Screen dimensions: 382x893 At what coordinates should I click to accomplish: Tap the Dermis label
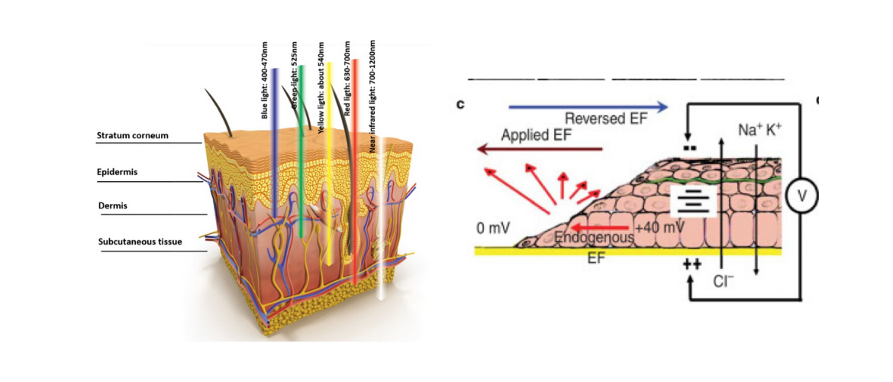coord(113,206)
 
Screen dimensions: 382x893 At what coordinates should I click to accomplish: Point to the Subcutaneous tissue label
coord(140,242)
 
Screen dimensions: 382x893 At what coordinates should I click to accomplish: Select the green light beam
coord(301,168)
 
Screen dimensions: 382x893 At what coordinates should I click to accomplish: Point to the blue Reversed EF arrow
coord(588,107)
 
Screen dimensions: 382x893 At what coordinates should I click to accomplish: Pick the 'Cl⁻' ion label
coord(723,280)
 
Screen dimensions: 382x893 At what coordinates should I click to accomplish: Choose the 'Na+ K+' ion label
coord(760,131)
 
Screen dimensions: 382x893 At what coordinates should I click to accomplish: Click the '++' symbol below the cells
coord(692,264)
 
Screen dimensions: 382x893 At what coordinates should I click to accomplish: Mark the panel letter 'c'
coord(462,105)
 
